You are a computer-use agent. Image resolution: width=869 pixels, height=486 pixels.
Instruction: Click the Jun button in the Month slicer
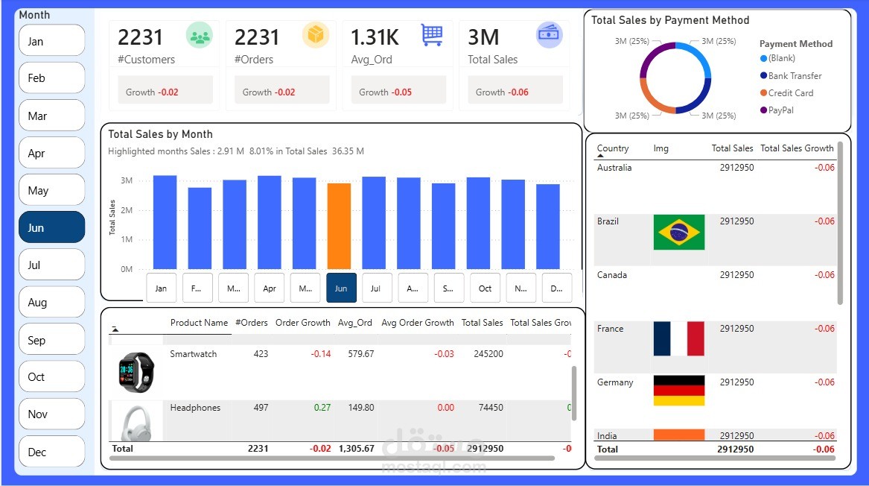(51, 227)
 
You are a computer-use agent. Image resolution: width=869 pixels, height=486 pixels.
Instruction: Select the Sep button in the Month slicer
(51, 340)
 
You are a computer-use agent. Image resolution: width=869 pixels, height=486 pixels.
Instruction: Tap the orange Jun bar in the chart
(339, 226)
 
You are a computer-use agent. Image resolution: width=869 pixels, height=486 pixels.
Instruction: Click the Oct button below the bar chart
(485, 288)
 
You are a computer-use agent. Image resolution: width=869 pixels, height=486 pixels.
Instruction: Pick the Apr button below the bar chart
(270, 288)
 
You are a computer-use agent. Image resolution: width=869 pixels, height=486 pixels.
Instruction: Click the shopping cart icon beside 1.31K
(432, 35)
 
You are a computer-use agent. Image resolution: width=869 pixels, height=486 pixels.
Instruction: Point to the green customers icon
(199, 35)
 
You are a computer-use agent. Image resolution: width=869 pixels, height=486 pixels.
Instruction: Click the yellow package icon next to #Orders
(316, 35)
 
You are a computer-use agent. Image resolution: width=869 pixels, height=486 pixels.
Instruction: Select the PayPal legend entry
(781, 110)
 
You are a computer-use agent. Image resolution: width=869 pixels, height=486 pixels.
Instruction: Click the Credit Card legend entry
(790, 93)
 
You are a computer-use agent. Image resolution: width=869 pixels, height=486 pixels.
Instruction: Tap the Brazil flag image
(679, 233)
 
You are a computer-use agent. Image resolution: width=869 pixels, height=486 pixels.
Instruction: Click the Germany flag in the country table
(679, 390)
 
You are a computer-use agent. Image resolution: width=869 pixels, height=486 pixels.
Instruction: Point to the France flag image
(679, 338)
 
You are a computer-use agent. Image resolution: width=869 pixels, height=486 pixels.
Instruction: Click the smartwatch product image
(136, 370)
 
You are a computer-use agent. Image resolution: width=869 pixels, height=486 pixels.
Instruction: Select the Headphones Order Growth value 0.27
(322, 408)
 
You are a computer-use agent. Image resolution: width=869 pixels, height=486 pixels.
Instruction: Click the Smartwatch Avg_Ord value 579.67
(360, 354)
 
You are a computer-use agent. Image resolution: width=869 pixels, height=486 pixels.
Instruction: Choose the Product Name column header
(199, 323)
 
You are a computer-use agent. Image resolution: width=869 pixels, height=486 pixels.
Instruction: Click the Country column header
(613, 148)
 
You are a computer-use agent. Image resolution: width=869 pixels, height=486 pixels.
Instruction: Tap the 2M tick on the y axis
(127, 210)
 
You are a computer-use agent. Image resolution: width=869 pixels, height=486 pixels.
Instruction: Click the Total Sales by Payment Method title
(670, 20)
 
